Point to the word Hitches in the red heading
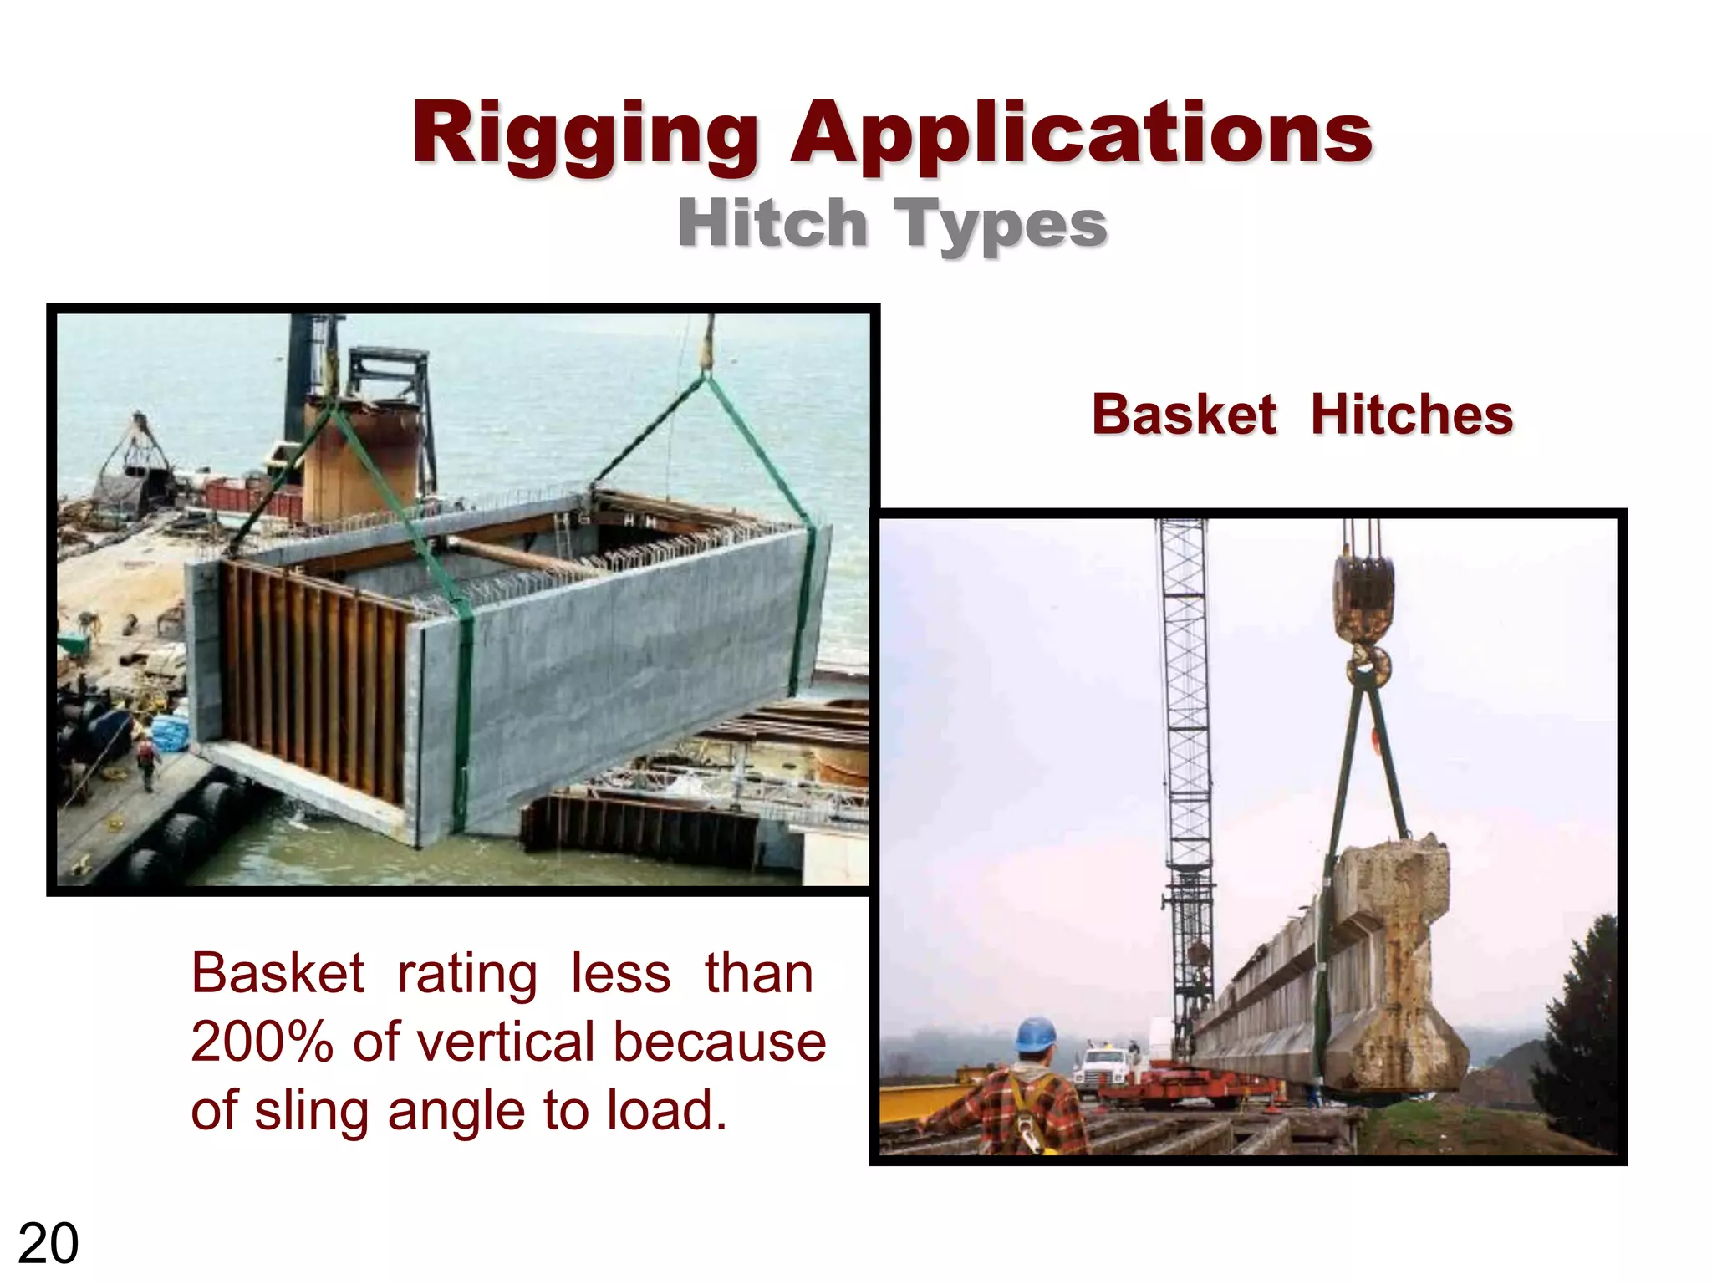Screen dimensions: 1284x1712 [x=1411, y=415]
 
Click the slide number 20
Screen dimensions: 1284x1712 [x=48, y=1244]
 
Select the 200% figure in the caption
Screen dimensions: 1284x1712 [x=261, y=1042]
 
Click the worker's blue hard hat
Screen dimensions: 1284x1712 [x=1035, y=1035]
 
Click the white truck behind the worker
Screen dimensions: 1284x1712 [x=1102, y=1068]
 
